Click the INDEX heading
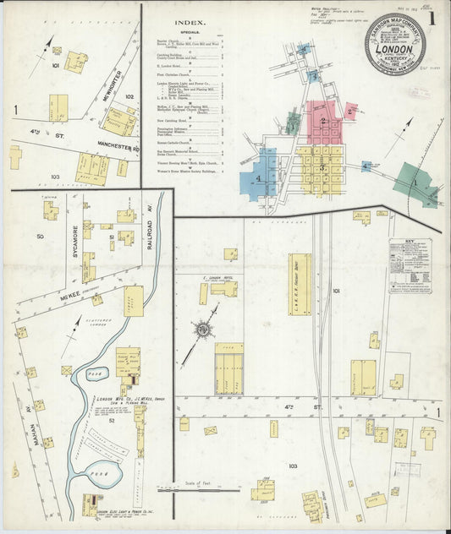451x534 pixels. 188,23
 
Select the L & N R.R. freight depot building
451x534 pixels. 300,284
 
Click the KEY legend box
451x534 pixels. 410,266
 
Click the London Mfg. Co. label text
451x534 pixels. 118,400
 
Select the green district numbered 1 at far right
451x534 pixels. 415,185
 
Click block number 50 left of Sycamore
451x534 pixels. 39,237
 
